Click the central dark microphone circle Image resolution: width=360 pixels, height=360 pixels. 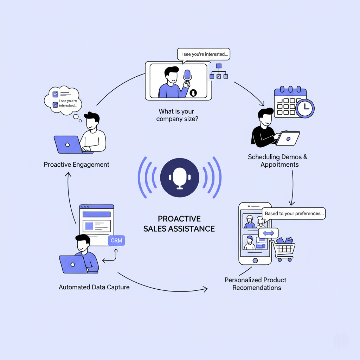click(x=180, y=177)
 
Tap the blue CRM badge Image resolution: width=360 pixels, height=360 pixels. click(x=116, y=241)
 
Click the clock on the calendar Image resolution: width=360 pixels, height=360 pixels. click(x=305, y=108)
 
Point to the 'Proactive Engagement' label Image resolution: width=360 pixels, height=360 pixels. click(x=76, y=165)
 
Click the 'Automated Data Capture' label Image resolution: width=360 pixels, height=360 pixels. click(x=94, y=287)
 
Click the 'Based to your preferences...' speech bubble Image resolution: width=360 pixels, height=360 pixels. click(x=294, y=213)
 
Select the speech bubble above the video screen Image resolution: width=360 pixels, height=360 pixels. click(x=203, y=54)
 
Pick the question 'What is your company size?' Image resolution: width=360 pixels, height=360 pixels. click(x=176, y=115)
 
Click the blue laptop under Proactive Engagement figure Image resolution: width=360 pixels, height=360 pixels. click(x=69, y=144)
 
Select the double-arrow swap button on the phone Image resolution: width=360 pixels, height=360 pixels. click(x=268, y=233)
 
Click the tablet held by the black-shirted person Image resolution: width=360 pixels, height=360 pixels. click(x=288, y=139)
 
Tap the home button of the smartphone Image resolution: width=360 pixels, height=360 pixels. click(x=255, y=260)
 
